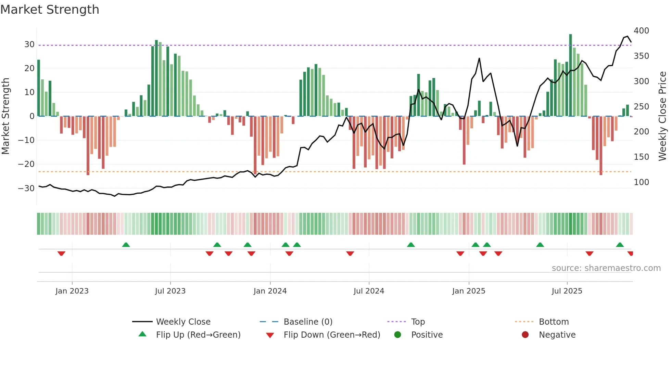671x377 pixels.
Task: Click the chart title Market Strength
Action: (x=50, y=10)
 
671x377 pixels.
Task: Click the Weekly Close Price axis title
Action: (x=663, y=116)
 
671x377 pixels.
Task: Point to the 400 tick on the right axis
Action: (x=641, y=31)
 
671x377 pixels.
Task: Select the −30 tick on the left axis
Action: (x=26, y=188)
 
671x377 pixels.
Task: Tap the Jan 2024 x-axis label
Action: (x=270, y=291)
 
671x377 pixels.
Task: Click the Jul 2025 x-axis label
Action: (x=567, y=291)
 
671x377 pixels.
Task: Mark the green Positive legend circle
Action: (x=397, y=335)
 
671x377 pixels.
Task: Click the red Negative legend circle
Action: (x=525, y=335)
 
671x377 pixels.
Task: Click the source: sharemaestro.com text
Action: (x=606, y=268)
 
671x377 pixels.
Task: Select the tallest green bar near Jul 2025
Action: (x=571, y=75)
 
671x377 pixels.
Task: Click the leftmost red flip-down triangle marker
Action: (x=61, y=253)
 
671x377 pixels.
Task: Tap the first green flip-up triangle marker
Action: (x=126, y=245)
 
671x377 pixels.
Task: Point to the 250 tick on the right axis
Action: (x=641, y=107)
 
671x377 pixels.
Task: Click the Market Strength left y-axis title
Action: (x=6, y=116)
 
